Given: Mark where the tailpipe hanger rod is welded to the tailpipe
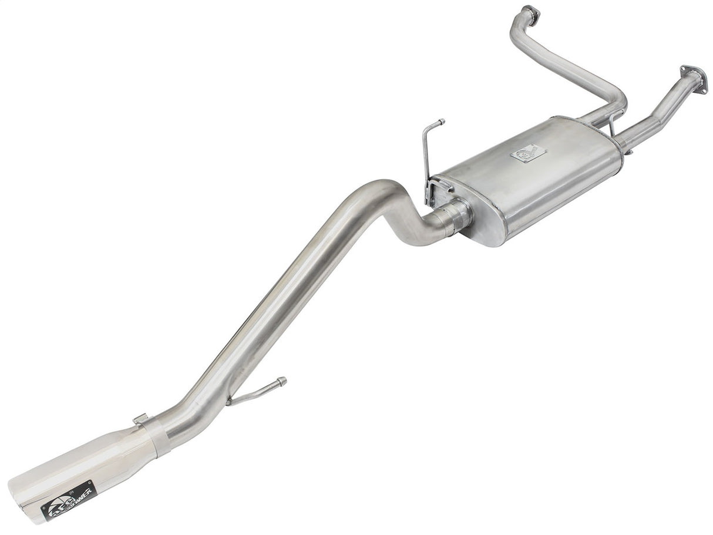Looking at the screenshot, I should coord(231,403).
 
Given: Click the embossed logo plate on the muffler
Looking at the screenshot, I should coord(526,153).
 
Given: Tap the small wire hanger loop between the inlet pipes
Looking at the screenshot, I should coord(613,123).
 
